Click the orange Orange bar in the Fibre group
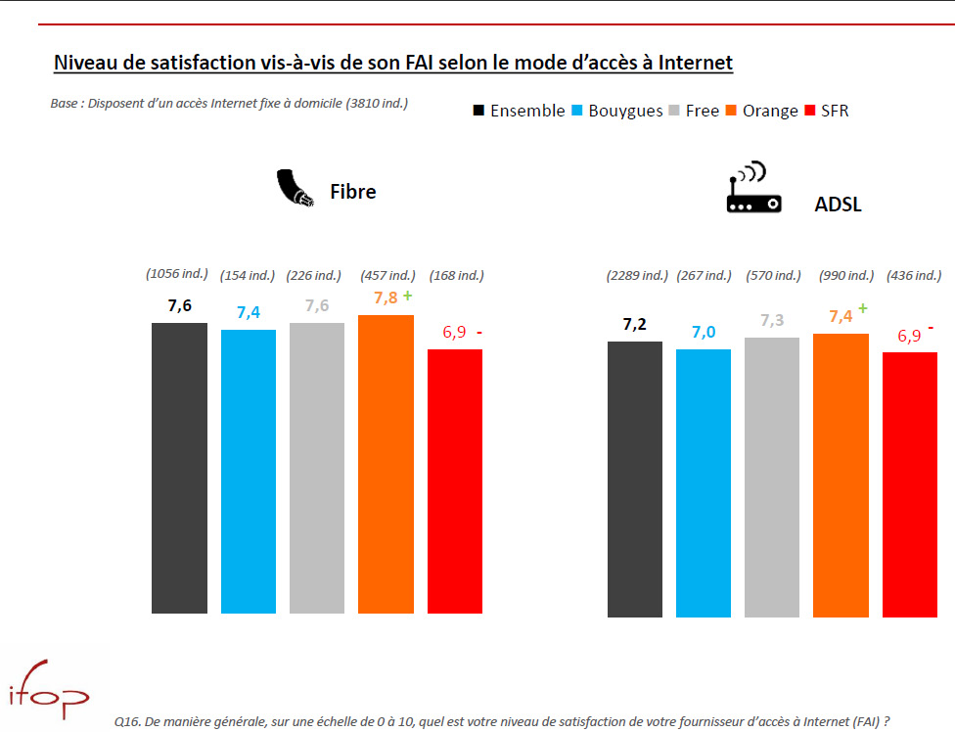(x=386, y=464)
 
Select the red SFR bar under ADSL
(x=909, y=484)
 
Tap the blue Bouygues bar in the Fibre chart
(x=249, y=471)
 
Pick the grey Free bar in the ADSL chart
(x=771, y=477)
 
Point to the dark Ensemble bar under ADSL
(x=634, y=479)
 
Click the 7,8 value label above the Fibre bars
(x=385, y=298)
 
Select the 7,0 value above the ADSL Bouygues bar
(x=703, y=332)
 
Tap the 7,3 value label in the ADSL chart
(x=772, y=321)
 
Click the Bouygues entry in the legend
(x=615, y=111)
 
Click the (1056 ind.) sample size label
(x=178, y=276)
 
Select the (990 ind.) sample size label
(x=846, y=276)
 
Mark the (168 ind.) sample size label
(x=456, y=276)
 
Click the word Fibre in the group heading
(x=353, y=192)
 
